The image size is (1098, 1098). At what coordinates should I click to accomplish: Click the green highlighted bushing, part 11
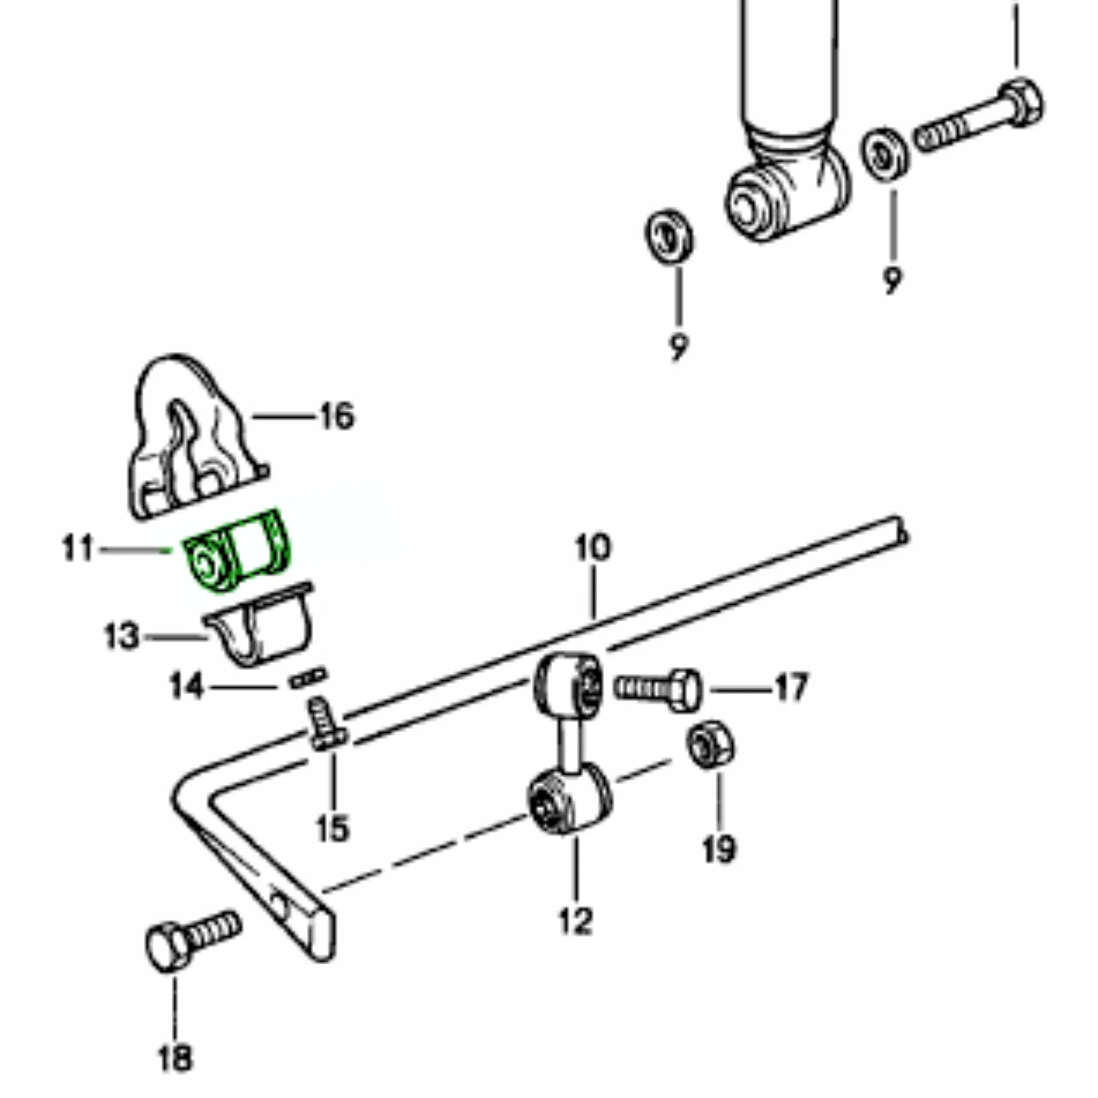(238, 551)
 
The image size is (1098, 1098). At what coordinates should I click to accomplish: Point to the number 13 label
(122, 636)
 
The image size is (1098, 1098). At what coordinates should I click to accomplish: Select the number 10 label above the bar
(593, 548)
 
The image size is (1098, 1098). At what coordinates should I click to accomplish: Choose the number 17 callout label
(792, 687)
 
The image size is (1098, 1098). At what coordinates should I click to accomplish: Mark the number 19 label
(719, 850)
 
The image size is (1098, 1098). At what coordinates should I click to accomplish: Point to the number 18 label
(175, 1059)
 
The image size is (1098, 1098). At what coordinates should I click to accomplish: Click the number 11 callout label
(78, 549)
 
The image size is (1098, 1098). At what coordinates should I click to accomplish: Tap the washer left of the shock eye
(669, 236)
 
